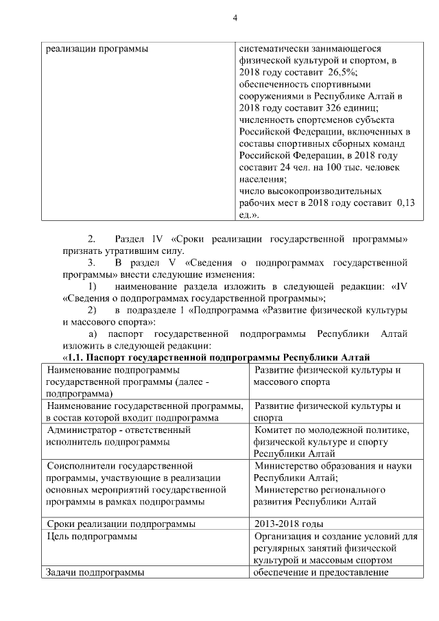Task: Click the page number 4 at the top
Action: (235, 19)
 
